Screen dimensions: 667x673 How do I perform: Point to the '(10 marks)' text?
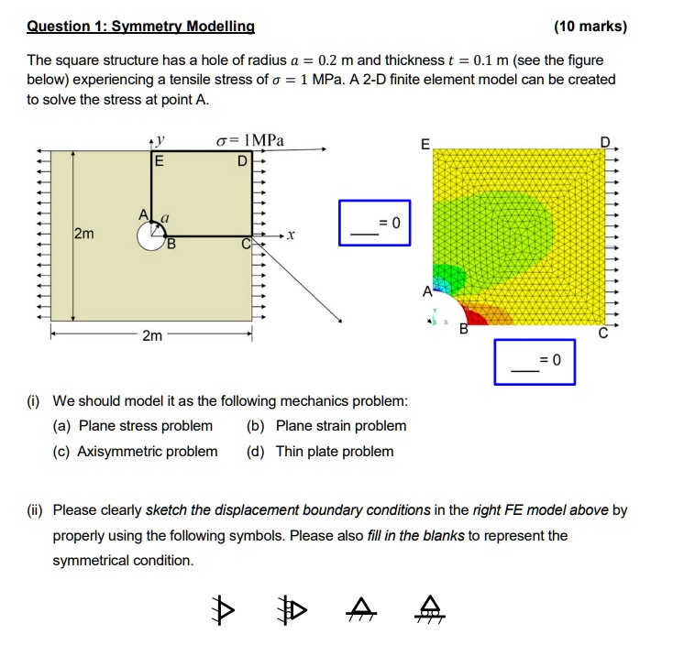(x=591, y=27)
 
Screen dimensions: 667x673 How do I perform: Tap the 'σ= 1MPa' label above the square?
(x=249, y=141)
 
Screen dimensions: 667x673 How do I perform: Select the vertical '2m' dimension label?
(x=83, y=235)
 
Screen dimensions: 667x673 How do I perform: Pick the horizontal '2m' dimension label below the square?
(x=151, y=336)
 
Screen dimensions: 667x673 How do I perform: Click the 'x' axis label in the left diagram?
(x=291, y=236)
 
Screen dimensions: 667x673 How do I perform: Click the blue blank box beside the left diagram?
(x=374, y=224)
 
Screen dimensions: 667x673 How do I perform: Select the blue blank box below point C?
(x=534, y=362)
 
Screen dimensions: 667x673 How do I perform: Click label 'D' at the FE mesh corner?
(x=603, y=144)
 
